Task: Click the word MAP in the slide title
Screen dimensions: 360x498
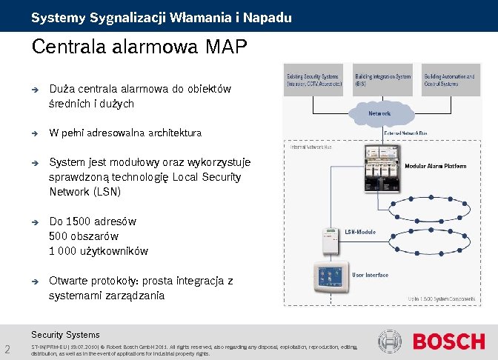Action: [x=224, y=47]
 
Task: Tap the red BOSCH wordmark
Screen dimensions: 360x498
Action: [x=448, y=341]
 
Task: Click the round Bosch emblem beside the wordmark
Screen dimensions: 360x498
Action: [x=391, y=341]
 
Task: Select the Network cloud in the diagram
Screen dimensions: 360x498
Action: [x=379, y=113]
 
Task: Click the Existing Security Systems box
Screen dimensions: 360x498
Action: [x=314, y=79]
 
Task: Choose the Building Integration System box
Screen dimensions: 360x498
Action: [x=382, y=79]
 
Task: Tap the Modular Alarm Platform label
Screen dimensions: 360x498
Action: [x=445, y=167]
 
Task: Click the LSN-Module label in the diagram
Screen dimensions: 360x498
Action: [x=360, y=232]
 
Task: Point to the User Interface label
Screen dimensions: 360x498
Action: [x=371, y=275]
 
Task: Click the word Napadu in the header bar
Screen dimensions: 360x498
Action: [x=265, y=16]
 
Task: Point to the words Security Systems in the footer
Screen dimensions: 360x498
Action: [x=65, y=334]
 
